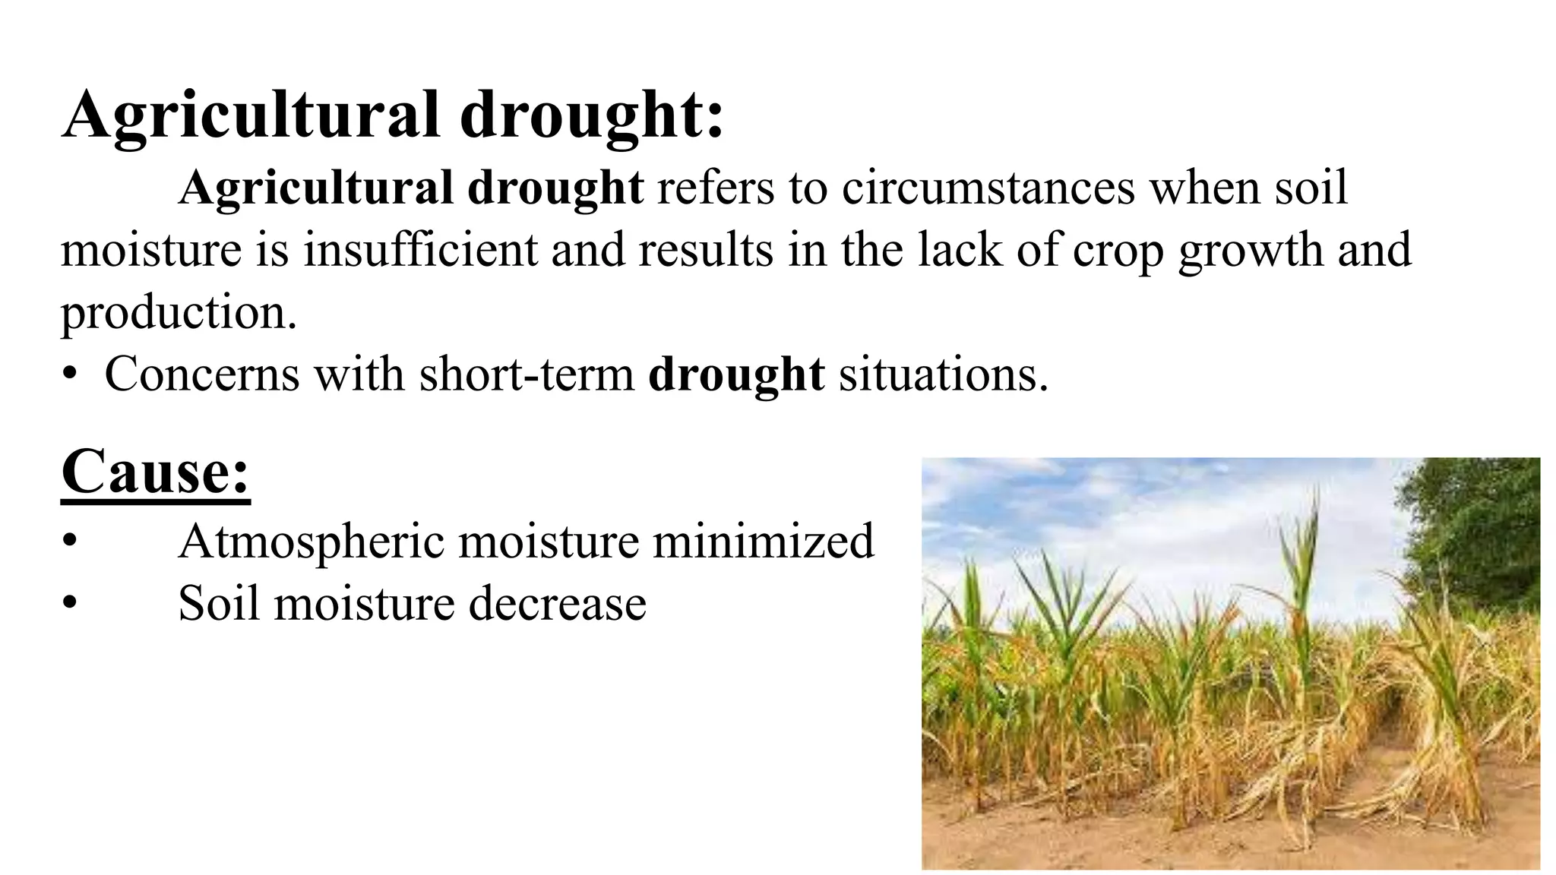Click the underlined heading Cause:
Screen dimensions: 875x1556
(156, 472)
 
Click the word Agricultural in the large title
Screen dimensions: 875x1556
(251, 115)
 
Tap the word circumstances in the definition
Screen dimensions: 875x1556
(988, 187)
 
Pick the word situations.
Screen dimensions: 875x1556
(943, 374)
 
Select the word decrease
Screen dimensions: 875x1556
(557, 604)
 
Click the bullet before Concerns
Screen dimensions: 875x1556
(71, 374)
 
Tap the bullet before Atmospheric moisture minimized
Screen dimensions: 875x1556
(71, 542)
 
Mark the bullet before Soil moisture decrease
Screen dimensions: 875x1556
(71, 604)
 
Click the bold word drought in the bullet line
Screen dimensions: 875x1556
(736, 374)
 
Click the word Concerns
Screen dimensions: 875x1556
(202, 374)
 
